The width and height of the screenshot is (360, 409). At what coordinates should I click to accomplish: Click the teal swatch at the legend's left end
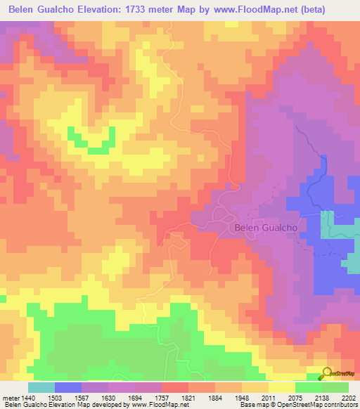[41, 387]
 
